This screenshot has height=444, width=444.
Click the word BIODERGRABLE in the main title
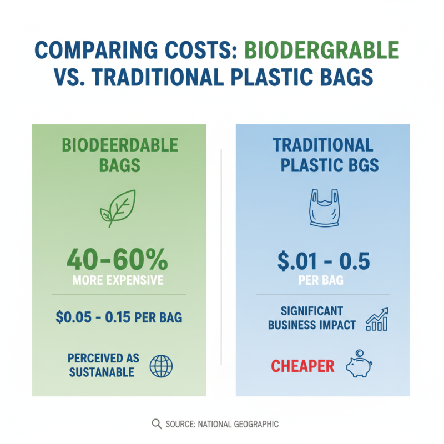(x=321, y=51)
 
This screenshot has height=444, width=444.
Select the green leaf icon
(x=118, y=208)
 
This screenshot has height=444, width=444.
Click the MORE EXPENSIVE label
(x=118, y=280)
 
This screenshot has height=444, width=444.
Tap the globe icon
(x=161, y=366)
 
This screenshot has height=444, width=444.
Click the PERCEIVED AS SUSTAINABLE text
(x=104, y=365)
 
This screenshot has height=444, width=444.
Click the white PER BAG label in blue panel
(x=321, y=280)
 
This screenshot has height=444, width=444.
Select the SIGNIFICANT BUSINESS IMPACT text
(x=312, y=318)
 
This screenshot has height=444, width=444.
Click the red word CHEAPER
(x=302, y=366)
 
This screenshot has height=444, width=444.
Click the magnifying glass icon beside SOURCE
(x=157, y=424)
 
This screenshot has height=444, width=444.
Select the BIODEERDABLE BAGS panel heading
(x=120, y=155)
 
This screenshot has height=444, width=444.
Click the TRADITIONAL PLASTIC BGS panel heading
(x=322, y=155)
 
